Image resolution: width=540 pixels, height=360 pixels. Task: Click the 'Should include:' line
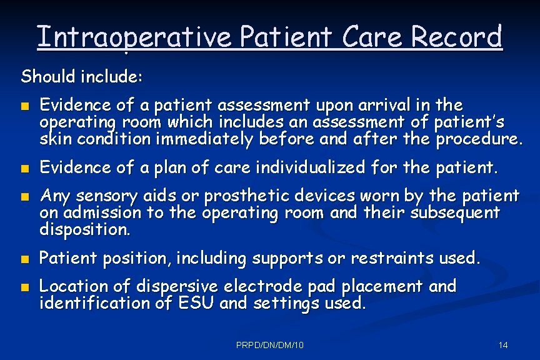[x=82, y=77]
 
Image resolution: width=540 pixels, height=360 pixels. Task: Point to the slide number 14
[x=503, y=345]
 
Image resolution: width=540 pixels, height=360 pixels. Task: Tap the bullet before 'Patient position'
[x=24, y=259]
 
